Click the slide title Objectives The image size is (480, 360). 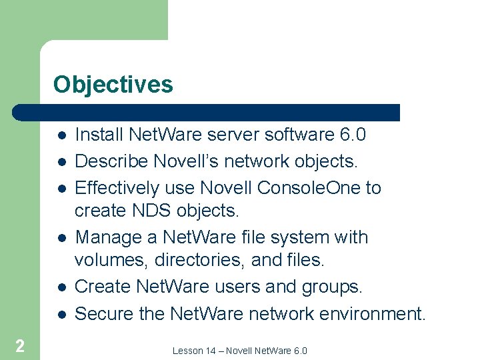pos(113,85)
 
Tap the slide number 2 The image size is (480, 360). pos(20,345)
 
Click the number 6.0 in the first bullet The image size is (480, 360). pos(353,135)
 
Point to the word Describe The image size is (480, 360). pos(112,162)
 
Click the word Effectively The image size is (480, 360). pos(117,189)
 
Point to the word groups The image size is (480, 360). pos(329,287)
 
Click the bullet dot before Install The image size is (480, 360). pos(61,135)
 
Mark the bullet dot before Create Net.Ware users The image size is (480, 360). pos(61,287)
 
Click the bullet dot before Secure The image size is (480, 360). pos(61,313)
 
